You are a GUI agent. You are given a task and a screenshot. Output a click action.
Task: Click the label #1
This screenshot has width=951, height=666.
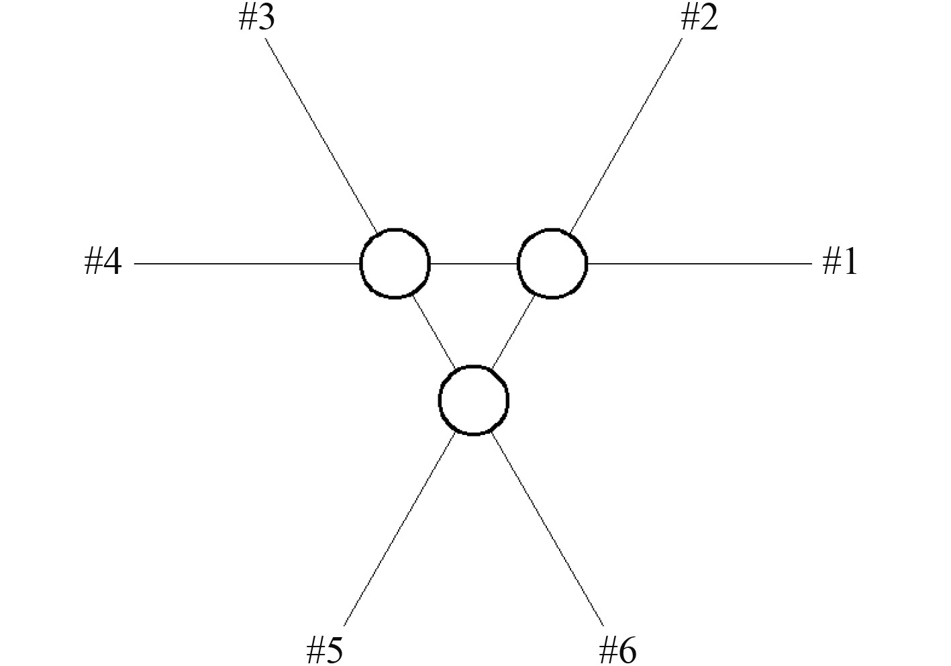pyautogui.click(x=840, y=262)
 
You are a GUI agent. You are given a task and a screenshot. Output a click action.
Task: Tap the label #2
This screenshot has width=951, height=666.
pyautogui.click(x=699, y=19)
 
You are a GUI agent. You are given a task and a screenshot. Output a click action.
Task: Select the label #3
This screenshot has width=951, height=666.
pyautogui.click(x=256, y=19)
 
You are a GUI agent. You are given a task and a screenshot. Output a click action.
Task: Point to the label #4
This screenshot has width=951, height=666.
pyautogui.click(x=103, y=262)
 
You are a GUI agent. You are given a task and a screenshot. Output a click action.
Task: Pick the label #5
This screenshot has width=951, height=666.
pyautogui.click(x=325, y=650)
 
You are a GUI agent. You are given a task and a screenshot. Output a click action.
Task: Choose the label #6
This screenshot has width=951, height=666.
pyautogui.click(x=617, y=650)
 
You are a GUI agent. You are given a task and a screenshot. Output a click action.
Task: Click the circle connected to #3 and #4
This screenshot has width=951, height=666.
pyautogui.click(x=395, y=263)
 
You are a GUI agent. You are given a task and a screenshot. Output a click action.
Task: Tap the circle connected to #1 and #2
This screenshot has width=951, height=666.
pyautogui.click(x=552, y=263)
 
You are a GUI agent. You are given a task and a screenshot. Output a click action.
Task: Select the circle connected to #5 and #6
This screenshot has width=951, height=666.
pyautogui.click(x=473, y=400)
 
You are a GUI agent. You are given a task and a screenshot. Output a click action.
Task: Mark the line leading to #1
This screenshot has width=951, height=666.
pyautogui.click(x=698, y=264)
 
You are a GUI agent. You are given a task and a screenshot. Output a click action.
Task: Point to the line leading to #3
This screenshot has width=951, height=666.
pyautogui.click(x=321, y=135)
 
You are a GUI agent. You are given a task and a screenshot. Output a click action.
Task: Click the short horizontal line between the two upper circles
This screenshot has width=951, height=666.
pyautogui.click(x=473, y=264)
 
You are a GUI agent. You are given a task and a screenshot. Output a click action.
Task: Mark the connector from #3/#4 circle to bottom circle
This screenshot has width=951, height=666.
pyautogui.click(x=434, y=331)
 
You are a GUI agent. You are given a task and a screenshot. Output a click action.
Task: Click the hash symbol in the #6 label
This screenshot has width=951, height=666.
pyautogui.click(x=607, y=650)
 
